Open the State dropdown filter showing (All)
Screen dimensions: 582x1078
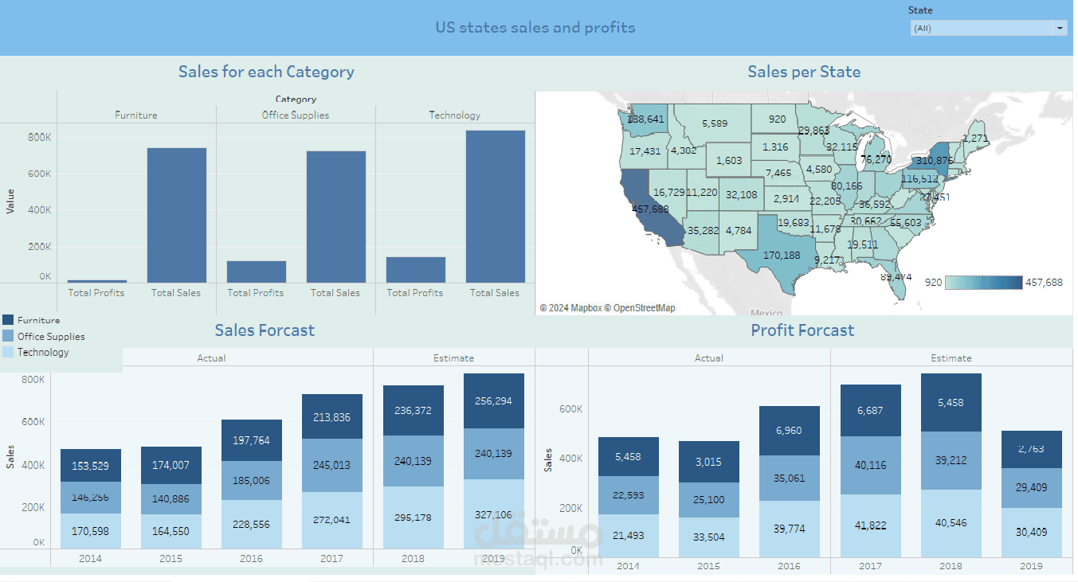[x=988, y=28]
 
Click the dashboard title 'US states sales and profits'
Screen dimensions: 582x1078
[x=535, y=28]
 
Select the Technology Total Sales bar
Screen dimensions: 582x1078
[x=495, y=206]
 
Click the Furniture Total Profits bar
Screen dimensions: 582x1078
[x=96, y=281]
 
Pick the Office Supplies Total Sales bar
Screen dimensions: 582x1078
[x=335, y=217]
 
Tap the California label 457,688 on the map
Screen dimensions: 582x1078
[x=650, y=209]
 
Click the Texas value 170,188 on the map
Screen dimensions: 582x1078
[x=782, y=256]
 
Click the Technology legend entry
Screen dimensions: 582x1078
[x=43, y=352]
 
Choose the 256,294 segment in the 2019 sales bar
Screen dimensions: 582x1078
[x=493, y=401]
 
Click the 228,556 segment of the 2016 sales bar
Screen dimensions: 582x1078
[x=251, y=525]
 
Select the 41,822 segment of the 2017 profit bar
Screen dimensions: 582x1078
[x=870, y=525]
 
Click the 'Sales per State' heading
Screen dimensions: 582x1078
[x=804, y=72]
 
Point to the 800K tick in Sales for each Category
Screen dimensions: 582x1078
[x=40, y=137]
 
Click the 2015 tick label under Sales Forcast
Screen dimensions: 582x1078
[x=171, y=559]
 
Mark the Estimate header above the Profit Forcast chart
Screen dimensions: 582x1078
[x=951, y=358]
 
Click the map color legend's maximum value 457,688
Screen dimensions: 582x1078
[x=1045, y=283]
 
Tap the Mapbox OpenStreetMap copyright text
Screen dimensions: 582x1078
[x=607, y=308]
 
